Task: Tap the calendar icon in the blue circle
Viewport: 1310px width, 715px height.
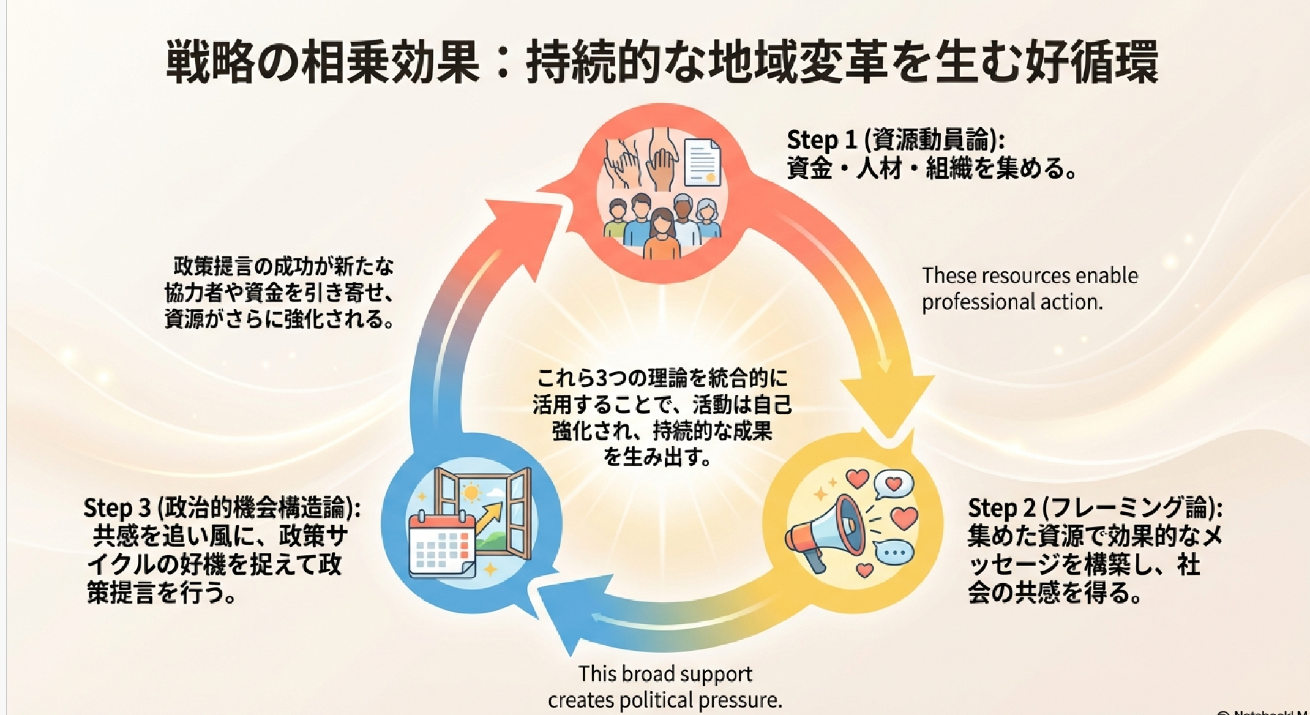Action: point(441,545)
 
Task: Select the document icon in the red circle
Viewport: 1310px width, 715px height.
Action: point(702,162)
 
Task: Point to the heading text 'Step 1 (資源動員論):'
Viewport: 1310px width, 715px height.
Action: point(895,140)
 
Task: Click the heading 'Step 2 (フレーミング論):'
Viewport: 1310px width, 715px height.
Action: point(1095,508)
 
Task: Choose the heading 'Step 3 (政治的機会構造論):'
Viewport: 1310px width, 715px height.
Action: point(222,508)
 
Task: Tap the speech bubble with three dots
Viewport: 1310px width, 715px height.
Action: point(894,552)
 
